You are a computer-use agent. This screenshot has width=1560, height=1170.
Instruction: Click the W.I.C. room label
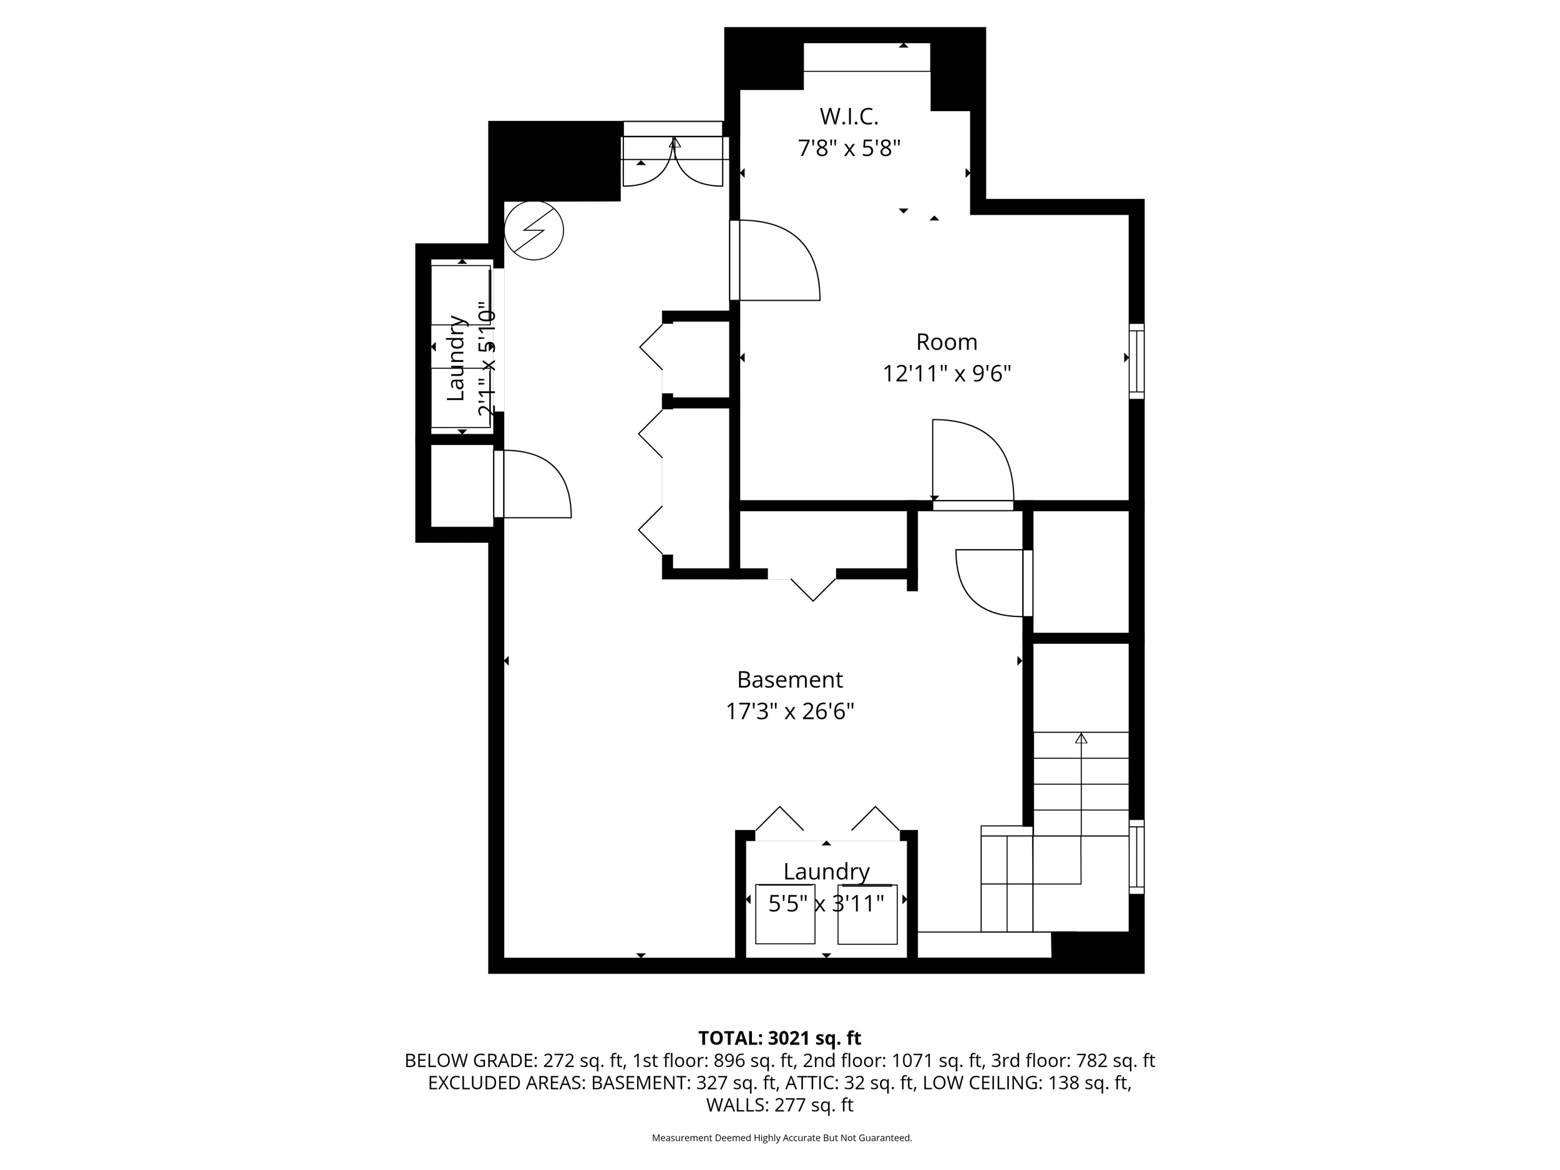tap(849, 115)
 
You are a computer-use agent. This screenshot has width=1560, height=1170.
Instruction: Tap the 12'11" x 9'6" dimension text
tap(947, 373)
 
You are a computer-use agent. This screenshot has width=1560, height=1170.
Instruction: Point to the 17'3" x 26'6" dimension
tap(789, 711)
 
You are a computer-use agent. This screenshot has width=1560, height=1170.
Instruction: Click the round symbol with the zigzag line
tap(534, 231)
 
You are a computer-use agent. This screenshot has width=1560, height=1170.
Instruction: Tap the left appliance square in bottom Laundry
tap(784, 914)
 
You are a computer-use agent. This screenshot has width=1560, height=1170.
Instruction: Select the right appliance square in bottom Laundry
tap(867, 914)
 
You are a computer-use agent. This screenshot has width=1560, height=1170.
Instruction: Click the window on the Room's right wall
tap(1136, 361)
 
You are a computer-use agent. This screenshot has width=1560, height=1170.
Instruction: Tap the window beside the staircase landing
tap(1136, 857)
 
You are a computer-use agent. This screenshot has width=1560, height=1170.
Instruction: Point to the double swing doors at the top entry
tap(673, 162)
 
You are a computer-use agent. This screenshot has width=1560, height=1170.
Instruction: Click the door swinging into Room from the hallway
tap(776, 261)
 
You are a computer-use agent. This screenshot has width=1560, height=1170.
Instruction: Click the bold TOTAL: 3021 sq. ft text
tap(779, 1038)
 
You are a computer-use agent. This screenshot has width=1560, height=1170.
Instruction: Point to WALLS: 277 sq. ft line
tap(779, 1105)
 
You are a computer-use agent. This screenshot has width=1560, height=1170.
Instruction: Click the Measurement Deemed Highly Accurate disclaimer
tap(781, 1138)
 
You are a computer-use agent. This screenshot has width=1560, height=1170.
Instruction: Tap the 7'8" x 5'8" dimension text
tap(849, 148)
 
